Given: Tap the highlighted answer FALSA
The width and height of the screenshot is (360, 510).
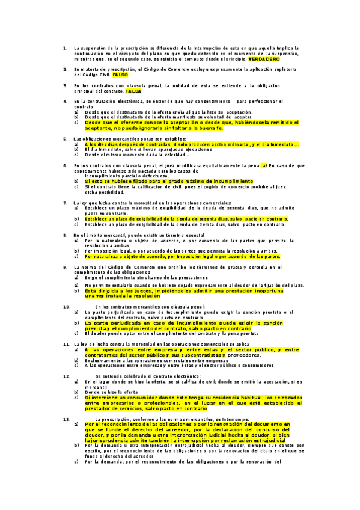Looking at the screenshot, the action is [133, 91].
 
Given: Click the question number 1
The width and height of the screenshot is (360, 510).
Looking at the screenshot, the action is [64, 48].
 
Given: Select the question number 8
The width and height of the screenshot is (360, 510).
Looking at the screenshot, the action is [64, 235].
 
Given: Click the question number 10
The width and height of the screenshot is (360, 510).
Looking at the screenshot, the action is [67, 307].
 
